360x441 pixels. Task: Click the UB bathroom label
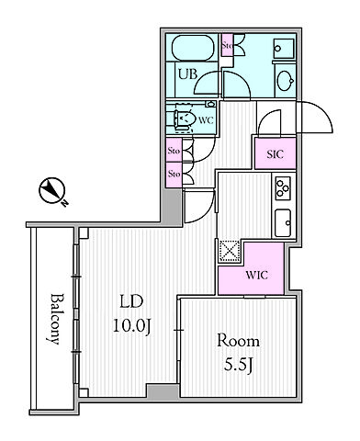tap(187, 74)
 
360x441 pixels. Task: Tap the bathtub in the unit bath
tap(193, 48)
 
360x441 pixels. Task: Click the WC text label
tap(206, 120)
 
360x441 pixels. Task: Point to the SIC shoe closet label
tap(276, 154)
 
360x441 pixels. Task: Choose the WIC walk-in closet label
tap(256, 275)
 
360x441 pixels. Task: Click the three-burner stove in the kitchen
tap(283, 187)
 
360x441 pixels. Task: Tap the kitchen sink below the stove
tap(283, 223)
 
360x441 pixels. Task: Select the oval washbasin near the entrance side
tap(286, 81)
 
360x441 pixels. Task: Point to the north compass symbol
tap(52, 190)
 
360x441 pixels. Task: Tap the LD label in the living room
tap(131, 301)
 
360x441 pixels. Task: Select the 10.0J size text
tap(132, 326)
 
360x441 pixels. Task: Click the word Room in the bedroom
tap(238, 341)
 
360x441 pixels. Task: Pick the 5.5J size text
tap(239, 365)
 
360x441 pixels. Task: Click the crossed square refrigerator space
tap(230, 251)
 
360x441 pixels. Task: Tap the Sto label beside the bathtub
tap(227, 46)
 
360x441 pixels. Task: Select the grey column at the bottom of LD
tap(163, 390)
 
